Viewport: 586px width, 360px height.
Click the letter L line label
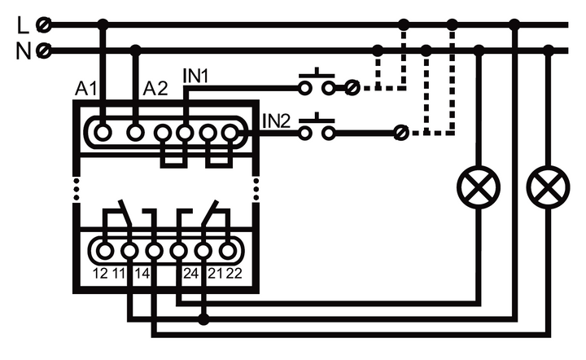point(22,24)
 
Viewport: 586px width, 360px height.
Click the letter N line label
point(23,51)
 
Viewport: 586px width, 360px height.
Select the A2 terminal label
point(155,88)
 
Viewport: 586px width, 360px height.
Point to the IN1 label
point(196,76)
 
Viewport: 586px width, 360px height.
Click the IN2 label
point(276,122)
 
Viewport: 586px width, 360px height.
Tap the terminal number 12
point(101,273)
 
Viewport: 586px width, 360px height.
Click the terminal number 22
point(234,273)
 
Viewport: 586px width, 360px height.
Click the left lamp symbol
point(479,188)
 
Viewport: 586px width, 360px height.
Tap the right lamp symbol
point(548,188)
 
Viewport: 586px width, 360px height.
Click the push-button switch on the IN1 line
point(317,83)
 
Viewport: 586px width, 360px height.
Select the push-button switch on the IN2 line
point(317,130)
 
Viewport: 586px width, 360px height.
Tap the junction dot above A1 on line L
point(102,25)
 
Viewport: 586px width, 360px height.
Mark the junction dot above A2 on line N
point(136,51)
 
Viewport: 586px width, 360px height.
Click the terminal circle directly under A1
point(102,131)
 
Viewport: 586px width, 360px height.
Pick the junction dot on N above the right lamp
point(549,51)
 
